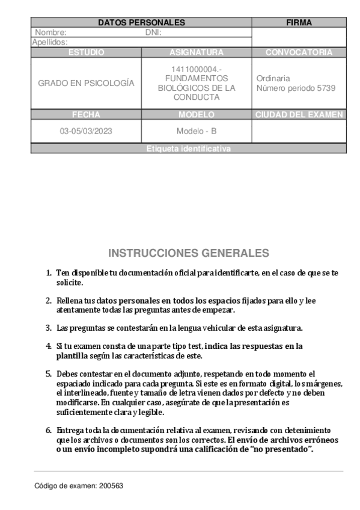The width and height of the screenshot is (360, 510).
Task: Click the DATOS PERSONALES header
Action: point(141,23)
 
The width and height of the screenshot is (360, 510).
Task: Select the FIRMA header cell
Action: point(299,23)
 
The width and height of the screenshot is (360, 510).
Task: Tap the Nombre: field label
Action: point(51,32)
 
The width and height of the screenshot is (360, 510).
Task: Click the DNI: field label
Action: point(154,32)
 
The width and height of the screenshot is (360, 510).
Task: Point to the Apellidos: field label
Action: point(50,42)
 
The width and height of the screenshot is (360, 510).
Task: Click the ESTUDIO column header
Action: point(86,52)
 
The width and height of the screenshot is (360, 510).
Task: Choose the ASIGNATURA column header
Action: point(197,52)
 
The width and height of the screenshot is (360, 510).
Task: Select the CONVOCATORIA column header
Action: point(299,52)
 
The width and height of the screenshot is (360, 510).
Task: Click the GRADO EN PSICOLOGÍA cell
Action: point(86,84)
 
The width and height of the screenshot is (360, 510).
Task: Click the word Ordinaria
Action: point(273,79)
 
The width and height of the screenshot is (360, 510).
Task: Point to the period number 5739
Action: point(325,88)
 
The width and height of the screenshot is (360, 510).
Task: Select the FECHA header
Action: point(86,114)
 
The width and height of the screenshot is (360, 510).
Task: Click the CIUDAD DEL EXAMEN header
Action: point(299,114)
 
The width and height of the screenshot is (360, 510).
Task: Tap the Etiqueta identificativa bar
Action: point(188,149)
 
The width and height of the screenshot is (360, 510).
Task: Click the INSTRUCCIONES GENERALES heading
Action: point(189,253)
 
